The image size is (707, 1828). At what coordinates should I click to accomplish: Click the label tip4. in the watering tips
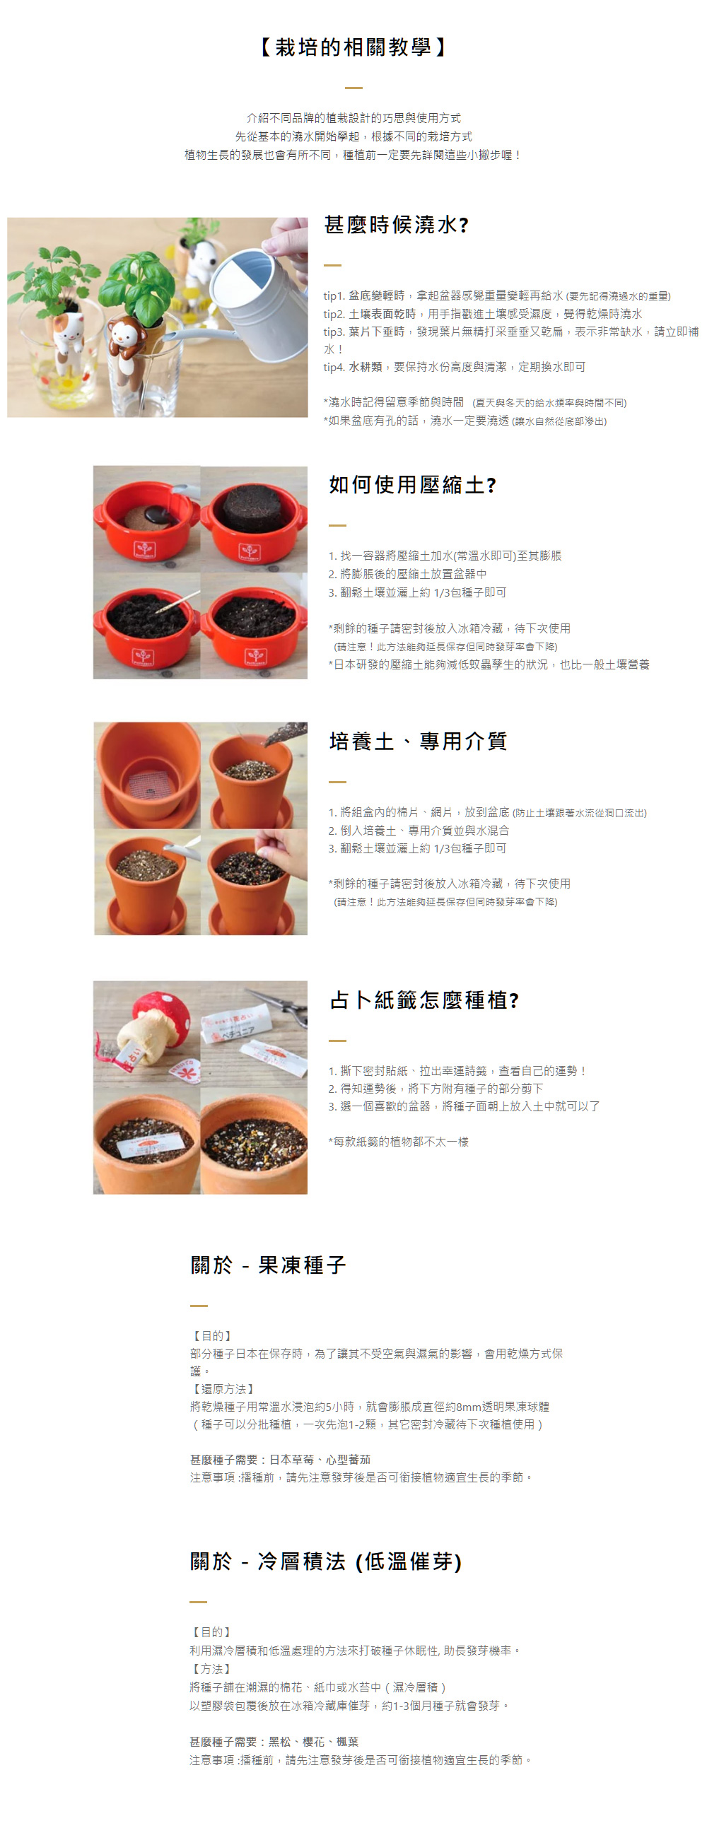(x=334, y=367)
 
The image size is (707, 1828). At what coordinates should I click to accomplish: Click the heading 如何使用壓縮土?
(x=412, y=485)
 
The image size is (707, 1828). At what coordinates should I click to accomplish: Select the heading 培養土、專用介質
(x=418, y=741)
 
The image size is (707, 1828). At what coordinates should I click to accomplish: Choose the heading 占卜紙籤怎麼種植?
(x=424, y=1000)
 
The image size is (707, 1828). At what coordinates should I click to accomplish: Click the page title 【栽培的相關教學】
(x=353, y=47)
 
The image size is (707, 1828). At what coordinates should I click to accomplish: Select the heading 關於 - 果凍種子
(x=269, y=1265)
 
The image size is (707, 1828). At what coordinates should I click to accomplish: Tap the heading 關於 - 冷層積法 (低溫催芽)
(x=326, y=1561)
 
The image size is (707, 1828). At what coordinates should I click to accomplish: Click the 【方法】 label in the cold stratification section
(x=211, y=1668)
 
